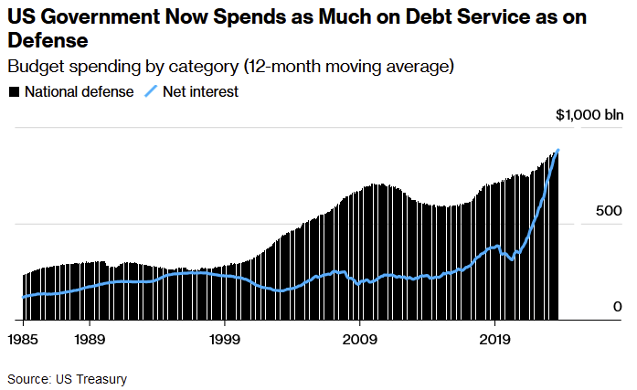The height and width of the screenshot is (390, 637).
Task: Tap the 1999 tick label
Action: pyautogui.click(x=225, y=338)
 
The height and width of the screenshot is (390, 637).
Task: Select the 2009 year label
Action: pyautogui.click(x=360, y=338)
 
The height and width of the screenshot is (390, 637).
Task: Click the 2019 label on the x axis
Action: pyautogui.click(x=494, y=338)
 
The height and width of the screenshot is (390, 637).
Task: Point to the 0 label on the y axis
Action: pyautogui.click(x=618, y=307)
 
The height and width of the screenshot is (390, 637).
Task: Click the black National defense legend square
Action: pyautogui.click(x=14, y=92)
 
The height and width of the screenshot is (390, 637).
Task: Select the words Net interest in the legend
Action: pyautogui.click(x=200, y=92)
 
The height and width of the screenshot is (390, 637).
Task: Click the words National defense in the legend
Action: pyautogui.click(x=80, y=92)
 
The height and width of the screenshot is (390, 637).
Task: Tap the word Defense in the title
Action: pyautogui.click(x=48, y=41)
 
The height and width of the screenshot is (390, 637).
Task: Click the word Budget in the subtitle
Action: pyautogui.click(x=33, y=67)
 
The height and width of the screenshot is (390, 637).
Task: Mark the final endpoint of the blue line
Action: pyautogui.click(x=558, y=150)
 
